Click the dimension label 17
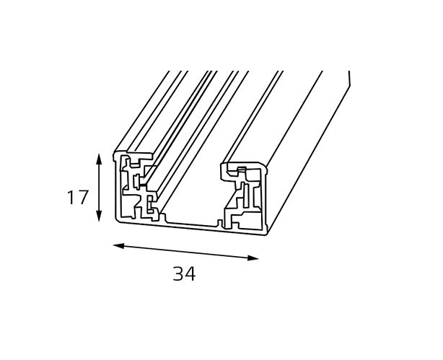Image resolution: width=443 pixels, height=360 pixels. click(78, 197)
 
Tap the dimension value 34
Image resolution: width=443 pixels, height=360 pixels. click(184, 274)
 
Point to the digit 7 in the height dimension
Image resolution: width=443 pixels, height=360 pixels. click(83, 197)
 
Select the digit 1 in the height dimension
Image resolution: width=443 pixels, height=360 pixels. click(71, 197)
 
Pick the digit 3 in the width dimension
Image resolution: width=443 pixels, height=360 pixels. click(178, 274)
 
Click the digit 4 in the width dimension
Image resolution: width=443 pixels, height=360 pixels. click(190, 274)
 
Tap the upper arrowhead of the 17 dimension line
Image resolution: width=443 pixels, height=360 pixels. click(99, 159)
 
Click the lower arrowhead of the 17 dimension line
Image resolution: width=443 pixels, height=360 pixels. click(99, 216)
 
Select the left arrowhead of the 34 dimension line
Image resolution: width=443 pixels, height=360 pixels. click(118, 246)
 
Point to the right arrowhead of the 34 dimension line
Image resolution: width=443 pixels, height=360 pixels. click(253, 258)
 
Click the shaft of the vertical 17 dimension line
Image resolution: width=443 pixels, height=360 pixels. click(99, 188)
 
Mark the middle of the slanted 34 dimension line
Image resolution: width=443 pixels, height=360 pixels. click(185, 252)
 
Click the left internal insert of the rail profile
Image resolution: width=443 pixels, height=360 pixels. click(138, 188)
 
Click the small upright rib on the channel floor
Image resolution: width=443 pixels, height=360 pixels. click(219, 223)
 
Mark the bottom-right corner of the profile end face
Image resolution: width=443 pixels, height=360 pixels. click(266, 234)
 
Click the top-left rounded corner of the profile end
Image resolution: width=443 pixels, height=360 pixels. click(115, 153)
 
